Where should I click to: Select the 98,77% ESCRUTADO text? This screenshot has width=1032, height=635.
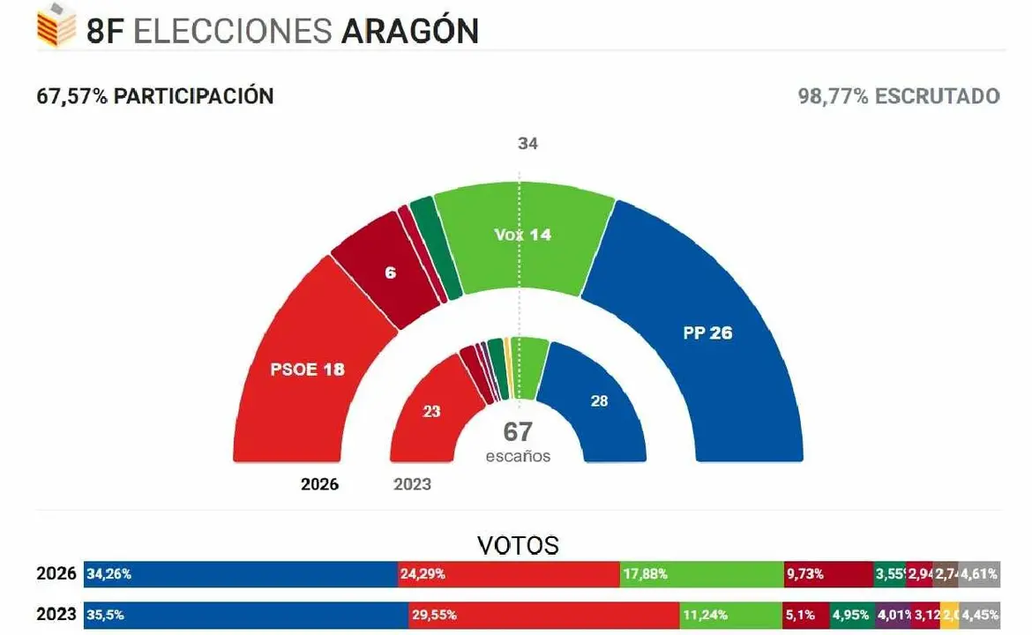click(x=899, y=96)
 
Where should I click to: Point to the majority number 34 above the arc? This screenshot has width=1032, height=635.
click(x=527, y=143)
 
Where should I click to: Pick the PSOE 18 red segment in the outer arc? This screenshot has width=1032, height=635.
click(x=306, y=369)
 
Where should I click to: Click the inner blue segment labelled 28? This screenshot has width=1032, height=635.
click(x=600, y=401)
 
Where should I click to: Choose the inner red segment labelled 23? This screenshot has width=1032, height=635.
click(x=430, y=411)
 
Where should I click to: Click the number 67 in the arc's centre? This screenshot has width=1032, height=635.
click(x=518, y=432)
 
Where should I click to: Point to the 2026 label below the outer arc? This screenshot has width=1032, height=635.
click(x=319, y=484)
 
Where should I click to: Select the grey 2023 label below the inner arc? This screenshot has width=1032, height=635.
click(x=412, y=484)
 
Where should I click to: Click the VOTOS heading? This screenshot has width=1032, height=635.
click(x=518, y=545)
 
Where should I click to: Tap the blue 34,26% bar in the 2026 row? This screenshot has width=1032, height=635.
click(x=240, y=574)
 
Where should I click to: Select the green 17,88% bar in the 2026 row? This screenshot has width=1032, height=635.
click(x=701, y=574)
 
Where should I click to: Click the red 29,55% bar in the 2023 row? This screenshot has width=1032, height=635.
click(x=542, y=615)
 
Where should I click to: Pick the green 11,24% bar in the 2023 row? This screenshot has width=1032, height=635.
click(x=729, y=615)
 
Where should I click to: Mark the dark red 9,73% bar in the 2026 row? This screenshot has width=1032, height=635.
click(x=827, y=574)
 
